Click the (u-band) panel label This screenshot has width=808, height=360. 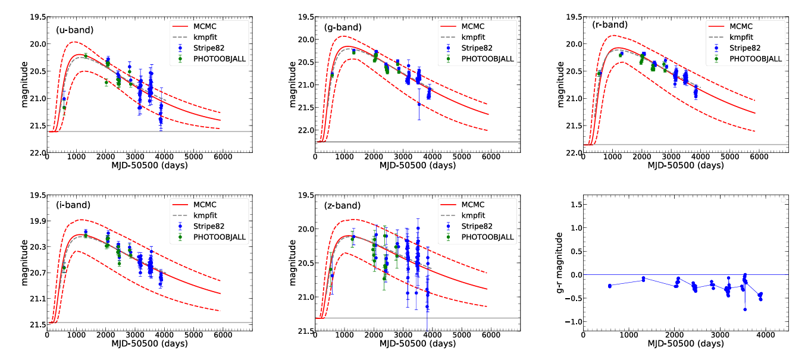pyautogui.click(x=74, y=29)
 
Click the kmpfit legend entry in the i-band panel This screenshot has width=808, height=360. pyautogui.click(x=205, y=215)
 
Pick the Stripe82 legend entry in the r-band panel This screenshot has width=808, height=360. pyautogui.click(x=744, y=48)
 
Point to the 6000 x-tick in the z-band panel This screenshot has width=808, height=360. pyautogui.click(x=490, y=336)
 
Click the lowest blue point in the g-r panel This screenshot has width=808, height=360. pyautogui.click(x=745, y=309)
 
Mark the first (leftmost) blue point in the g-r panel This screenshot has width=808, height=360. pyautogui.click(x=610, y=286)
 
